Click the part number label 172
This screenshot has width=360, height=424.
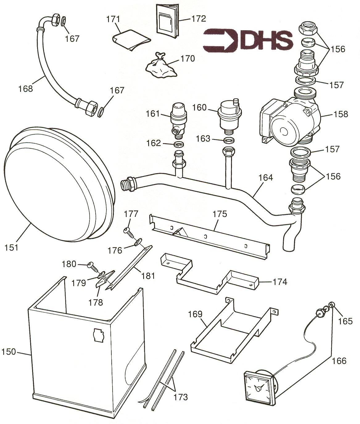(198, 19)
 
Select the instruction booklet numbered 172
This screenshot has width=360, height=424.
(167, 21)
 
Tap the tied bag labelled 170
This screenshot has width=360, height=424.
(161, 65)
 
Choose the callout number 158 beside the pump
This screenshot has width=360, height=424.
(341, 114)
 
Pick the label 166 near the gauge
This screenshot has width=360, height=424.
(339, 360)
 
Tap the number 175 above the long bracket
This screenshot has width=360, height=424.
(220, 214)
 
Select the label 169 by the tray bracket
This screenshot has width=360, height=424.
(195, 314)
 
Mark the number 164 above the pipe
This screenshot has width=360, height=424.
(266, 178)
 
